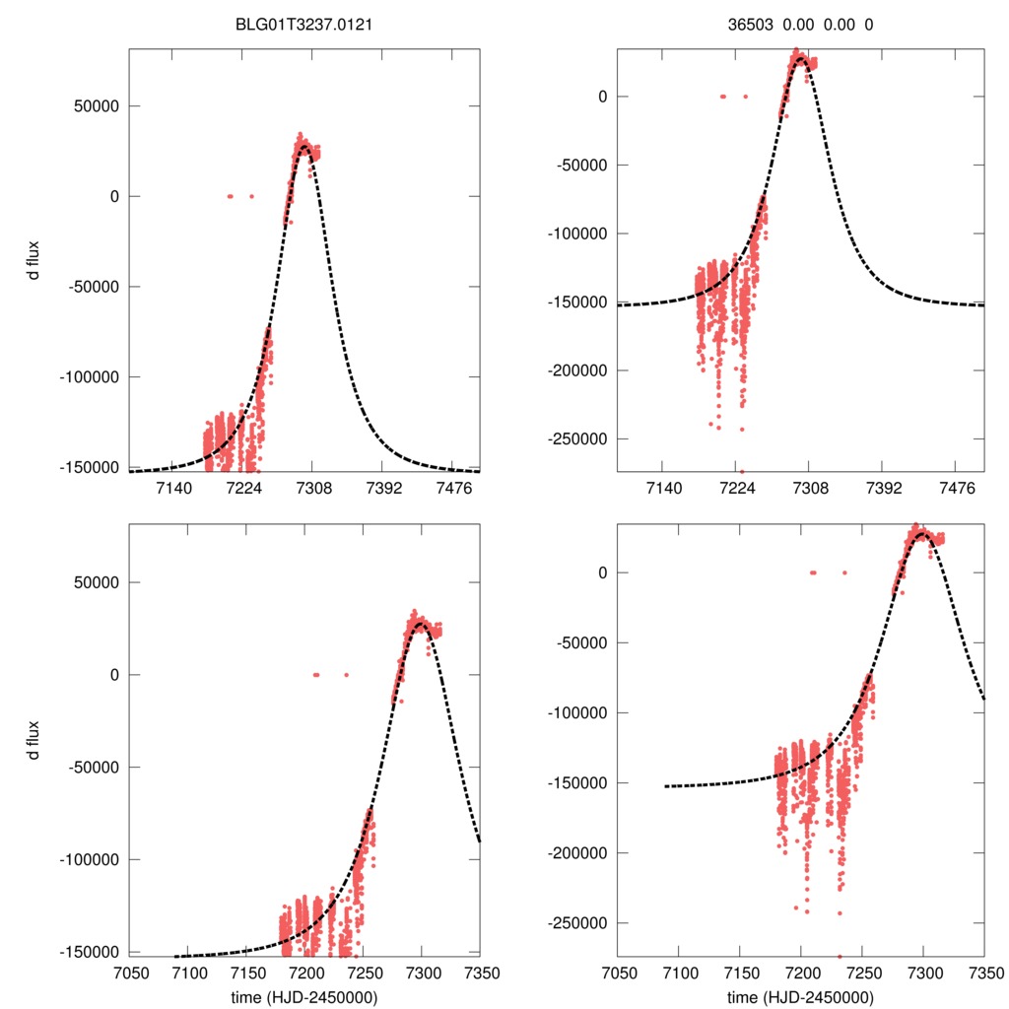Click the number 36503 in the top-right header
coord(738,26)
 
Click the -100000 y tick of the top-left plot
coord(93,377)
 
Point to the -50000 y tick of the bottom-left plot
coord(97,768)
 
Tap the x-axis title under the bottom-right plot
coord(800,996)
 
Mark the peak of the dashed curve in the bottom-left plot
coord(422,624)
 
